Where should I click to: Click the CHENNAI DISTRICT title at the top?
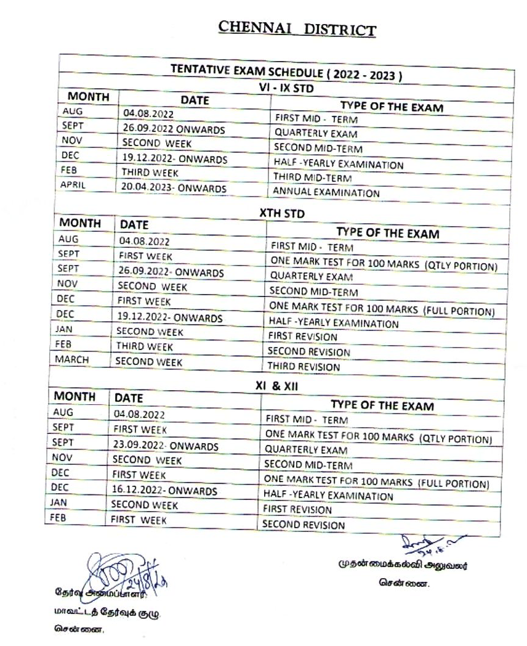click(x=297, y=30)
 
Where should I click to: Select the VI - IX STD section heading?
click(x=285, y=89)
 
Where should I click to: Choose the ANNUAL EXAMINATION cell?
click(x=326, y=193)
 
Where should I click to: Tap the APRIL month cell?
click(x=74, y=184)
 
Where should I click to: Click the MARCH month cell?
click(x=72, y=359)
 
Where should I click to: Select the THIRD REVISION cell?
click(x=304, y=367)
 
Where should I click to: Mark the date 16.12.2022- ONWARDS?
click(x=164, y=491)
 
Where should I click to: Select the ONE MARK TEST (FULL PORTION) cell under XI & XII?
click(x=376, y=482)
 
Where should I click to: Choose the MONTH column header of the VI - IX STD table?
click(x=89, y=97)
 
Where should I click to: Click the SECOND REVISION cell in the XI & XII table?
click(x=304, y=525)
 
